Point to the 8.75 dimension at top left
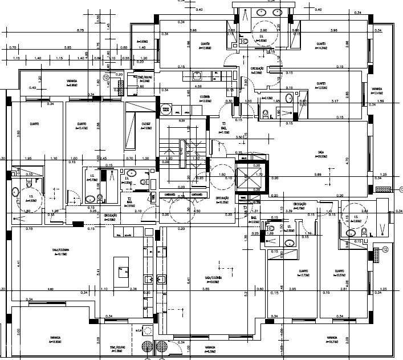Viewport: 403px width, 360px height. pyautogui.click(x=80, y=30)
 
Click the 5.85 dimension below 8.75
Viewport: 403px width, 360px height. pyautogui.click(x=68, y=47)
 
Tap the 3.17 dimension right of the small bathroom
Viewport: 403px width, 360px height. pyautogui.click(x=334, y=101)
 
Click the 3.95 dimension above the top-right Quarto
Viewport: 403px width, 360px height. pyautogui.click(x=335, y=30)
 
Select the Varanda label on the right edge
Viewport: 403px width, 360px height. pyautogui.click(x=377, y=91)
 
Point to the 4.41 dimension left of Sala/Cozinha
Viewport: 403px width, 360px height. pyautogui.click(x=18, y=264)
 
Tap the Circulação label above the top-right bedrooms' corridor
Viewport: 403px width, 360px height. pyautogui.click(x=257, y=71)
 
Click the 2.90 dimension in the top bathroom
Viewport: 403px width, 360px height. pyautogui.click(x=264, y=30)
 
